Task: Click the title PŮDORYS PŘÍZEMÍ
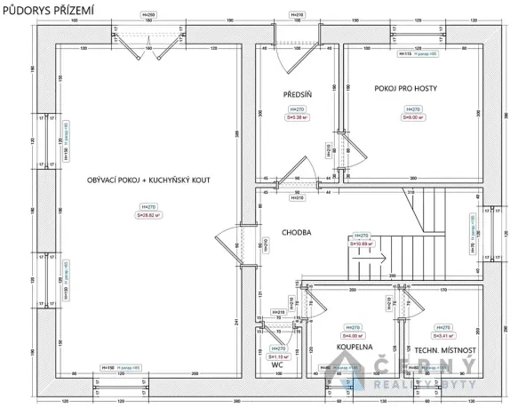click(49, 8)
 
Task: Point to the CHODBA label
click(296, 233)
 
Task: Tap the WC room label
click(276, 364)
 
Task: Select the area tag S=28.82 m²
click(147, 214)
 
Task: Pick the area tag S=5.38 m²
click(296, 116)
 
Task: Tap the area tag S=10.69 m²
click(363, 243)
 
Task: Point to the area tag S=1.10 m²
click(278, 332)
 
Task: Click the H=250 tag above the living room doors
click(147, 15)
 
